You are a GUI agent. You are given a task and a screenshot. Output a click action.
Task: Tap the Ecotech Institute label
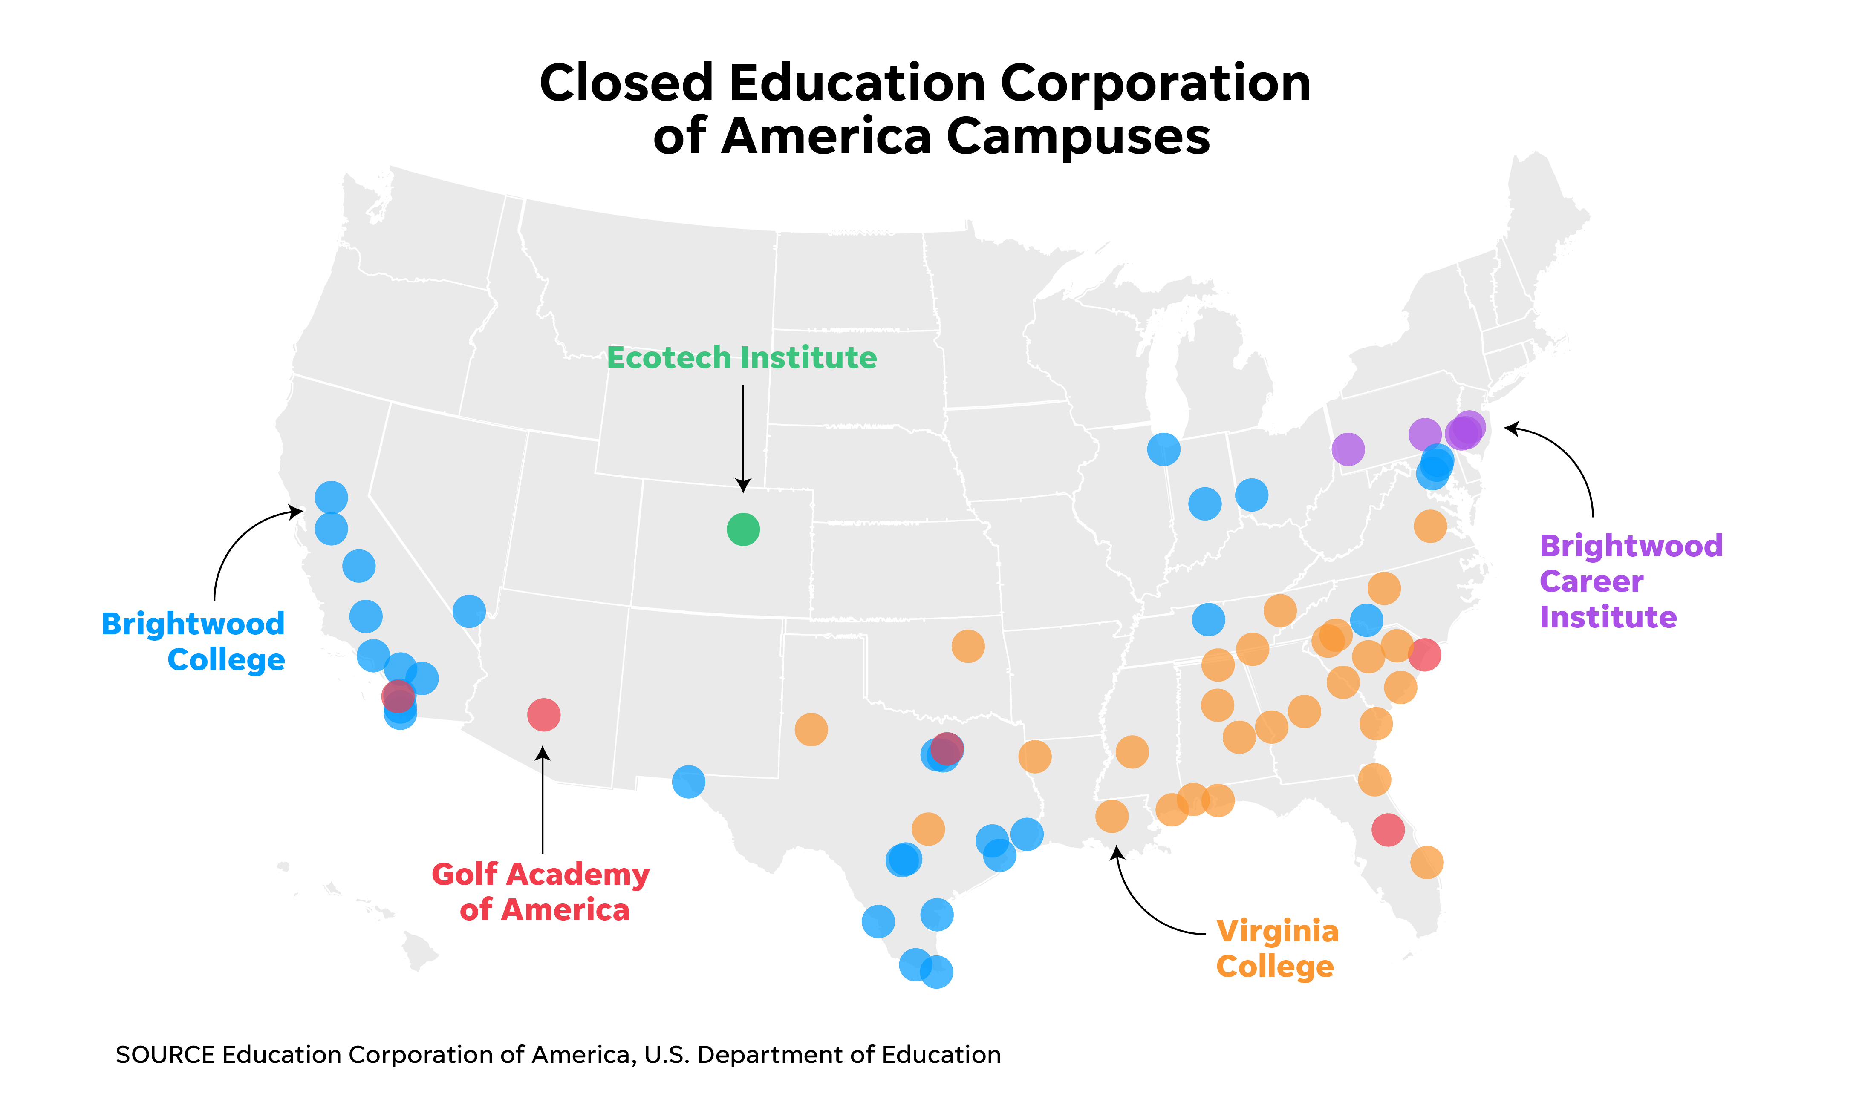tap(741, 358)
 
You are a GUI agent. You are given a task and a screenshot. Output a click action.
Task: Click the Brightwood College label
tap(194, 642)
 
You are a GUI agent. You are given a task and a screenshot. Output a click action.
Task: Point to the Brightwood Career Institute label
tap(1630, 581)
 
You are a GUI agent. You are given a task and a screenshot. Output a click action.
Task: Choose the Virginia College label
tap(1277, 949)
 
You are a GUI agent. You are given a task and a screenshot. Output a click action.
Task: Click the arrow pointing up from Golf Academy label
tap(543, 800)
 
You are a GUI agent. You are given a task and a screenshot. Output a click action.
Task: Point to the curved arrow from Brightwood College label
tap(237, 541)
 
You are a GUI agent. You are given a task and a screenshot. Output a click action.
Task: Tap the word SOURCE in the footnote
tap(165, 1055)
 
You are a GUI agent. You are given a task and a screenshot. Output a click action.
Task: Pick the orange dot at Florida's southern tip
tap(1426, 862)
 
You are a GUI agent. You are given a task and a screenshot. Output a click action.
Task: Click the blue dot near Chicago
tap(1163, 449)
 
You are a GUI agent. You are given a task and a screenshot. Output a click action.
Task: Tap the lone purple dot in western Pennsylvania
tap(1348, 449)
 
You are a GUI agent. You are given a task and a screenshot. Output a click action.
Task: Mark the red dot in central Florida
tap(1388, 829)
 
